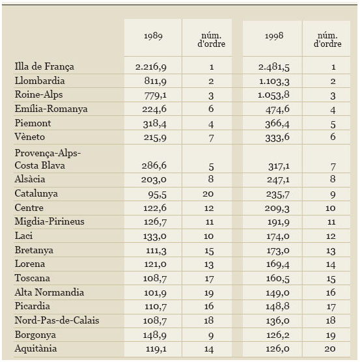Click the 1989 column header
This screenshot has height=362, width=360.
point(153,36)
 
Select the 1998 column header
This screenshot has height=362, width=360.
point(274,36)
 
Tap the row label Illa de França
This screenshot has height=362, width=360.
point(44,66)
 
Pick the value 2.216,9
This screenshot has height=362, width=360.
point(151,67)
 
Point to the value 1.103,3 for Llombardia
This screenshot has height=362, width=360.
point(274,81)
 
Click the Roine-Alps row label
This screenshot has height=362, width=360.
point(38,94)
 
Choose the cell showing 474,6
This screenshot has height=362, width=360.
point(277,109)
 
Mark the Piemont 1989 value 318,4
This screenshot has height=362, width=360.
point(155,124)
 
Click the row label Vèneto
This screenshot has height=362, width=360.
point(30,137)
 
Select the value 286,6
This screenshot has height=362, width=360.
point(154,165)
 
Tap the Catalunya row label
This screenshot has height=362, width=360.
point(36,193)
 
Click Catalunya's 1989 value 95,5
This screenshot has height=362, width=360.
point(157,195)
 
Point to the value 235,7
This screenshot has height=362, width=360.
point(278,195)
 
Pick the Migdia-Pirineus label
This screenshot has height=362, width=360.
point(49,221)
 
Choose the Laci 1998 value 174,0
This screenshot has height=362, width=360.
point(278,236)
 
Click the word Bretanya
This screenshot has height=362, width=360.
point(34,250)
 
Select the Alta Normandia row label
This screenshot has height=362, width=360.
point(49,292)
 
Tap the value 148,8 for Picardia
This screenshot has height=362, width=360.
point(277,307)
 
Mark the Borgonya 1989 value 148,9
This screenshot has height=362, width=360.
point(155,335)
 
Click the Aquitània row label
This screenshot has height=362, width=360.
point(36,348)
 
